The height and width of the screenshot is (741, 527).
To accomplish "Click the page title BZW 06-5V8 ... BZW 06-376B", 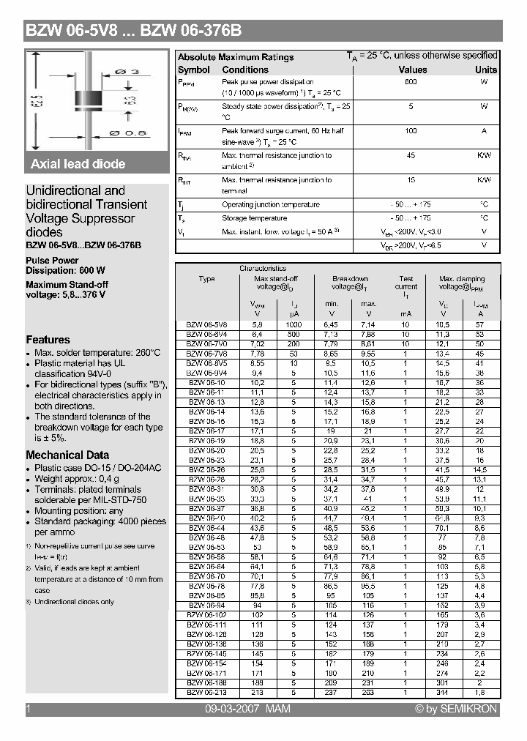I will pyautogui.click(x=133, y=31).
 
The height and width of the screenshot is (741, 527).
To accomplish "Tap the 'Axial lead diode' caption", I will pyautogui.click(x=78, y=164).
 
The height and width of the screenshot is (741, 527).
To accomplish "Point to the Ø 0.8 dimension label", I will pyautogui.click(x=127, y=133).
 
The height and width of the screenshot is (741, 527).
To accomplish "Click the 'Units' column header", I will pyautogui.click(x=485, y=70).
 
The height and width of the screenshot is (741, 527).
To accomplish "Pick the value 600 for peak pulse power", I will pyautogui.click(x=411, y=82).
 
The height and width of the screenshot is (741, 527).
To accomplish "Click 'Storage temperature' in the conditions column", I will pyautogui.click(x=254, y=218).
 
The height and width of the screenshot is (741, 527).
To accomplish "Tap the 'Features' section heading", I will pyautogui.click(x=48, y=340).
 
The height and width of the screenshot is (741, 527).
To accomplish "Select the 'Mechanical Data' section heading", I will pyautogui.click(x=67, y=455).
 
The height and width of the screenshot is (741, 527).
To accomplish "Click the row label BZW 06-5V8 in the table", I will pyautogui.click(x=206, y=324).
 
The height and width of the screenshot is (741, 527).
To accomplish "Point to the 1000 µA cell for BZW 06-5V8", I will pyautogui.click(x=294, y=324).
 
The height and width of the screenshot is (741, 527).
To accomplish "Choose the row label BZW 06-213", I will pyautogui.click(x=206, y=692).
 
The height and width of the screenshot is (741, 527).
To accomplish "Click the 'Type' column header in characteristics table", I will pyautogui.click(x=207, y=279).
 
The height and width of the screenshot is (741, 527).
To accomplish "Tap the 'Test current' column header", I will pyautogui.click(x=406, y=283).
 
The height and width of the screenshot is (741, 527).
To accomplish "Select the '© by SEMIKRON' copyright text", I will pyautogui.click(x=456, y=709).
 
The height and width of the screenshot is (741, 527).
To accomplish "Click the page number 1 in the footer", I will pyautogui.click(x=28, y=709).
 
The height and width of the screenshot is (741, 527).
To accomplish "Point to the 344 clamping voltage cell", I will pyautogui.click(x=443, y=692).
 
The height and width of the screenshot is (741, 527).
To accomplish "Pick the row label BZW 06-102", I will pyautogui.click(x=206, y=616).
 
